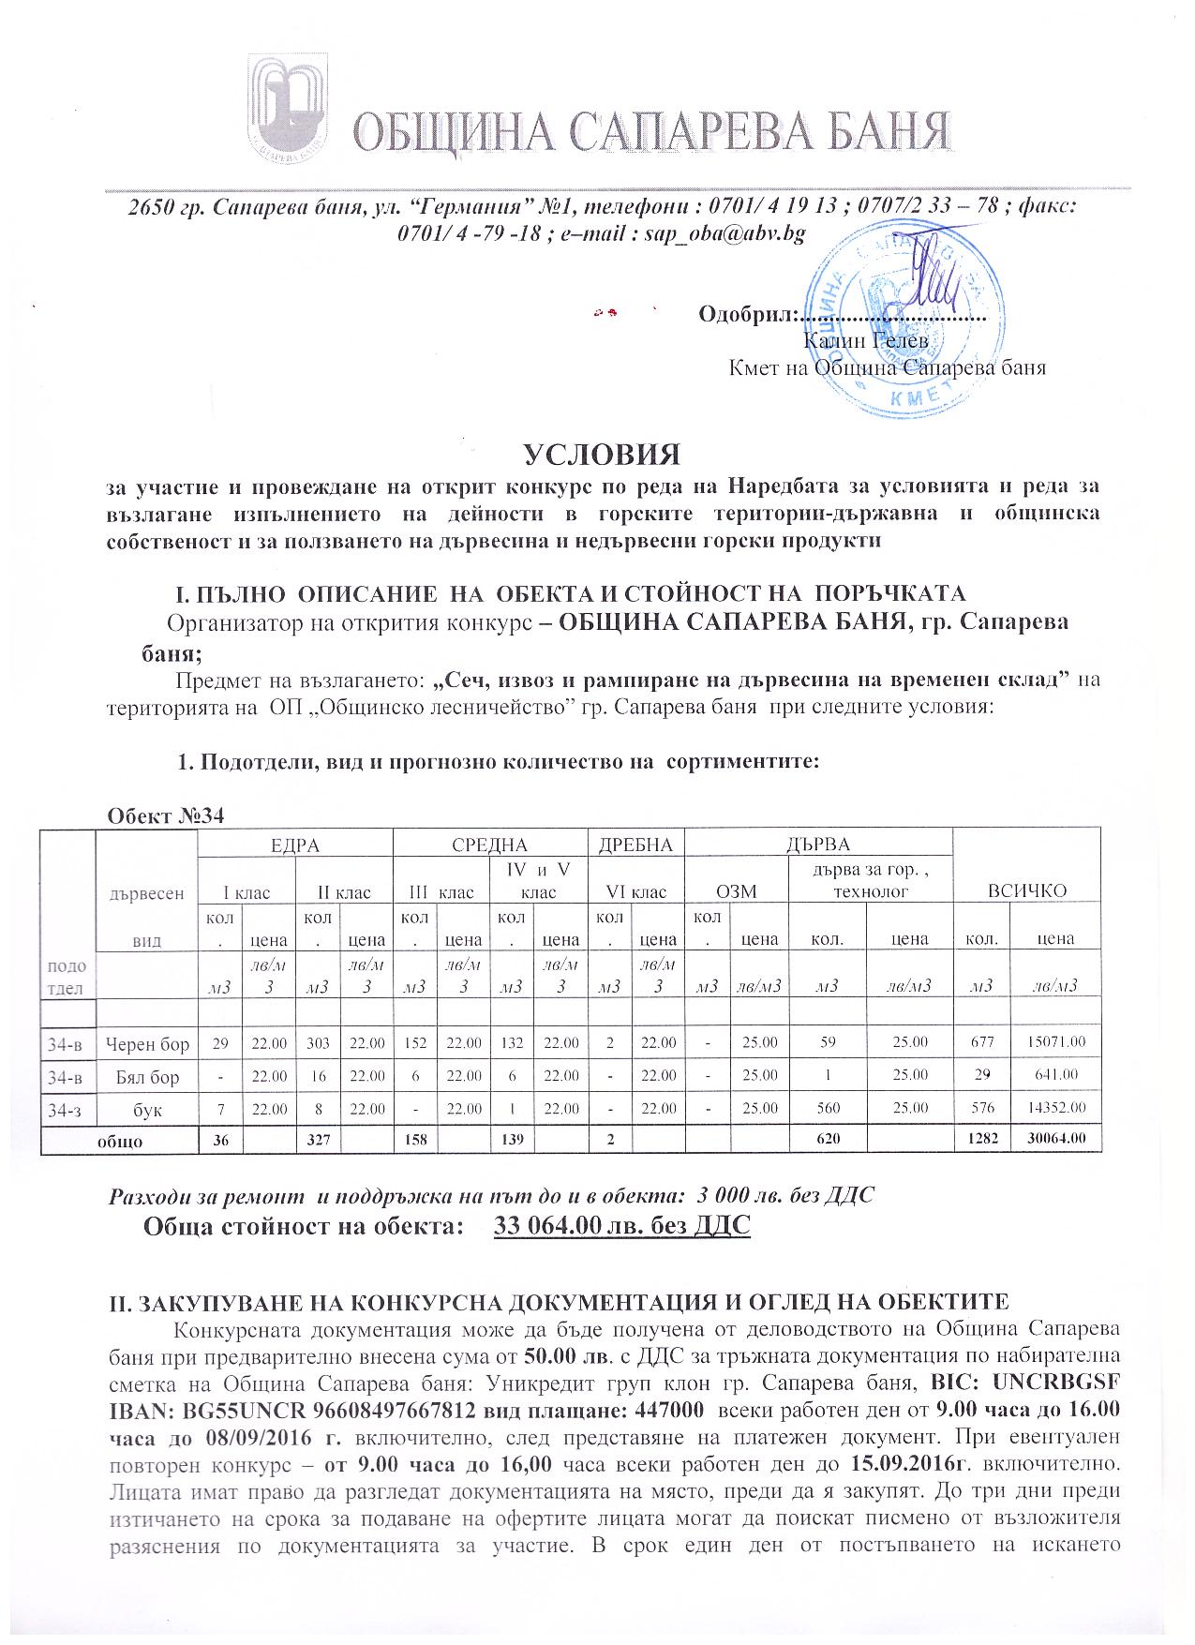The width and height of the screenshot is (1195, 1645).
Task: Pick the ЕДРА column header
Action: coord(295,844)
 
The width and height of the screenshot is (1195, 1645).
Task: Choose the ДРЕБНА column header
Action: coord(635,844)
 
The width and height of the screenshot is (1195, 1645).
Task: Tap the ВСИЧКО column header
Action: coord(1027,890)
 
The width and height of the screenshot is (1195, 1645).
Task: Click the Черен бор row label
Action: coord(147,1042)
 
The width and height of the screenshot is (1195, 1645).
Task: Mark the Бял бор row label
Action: coord(147,1075)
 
